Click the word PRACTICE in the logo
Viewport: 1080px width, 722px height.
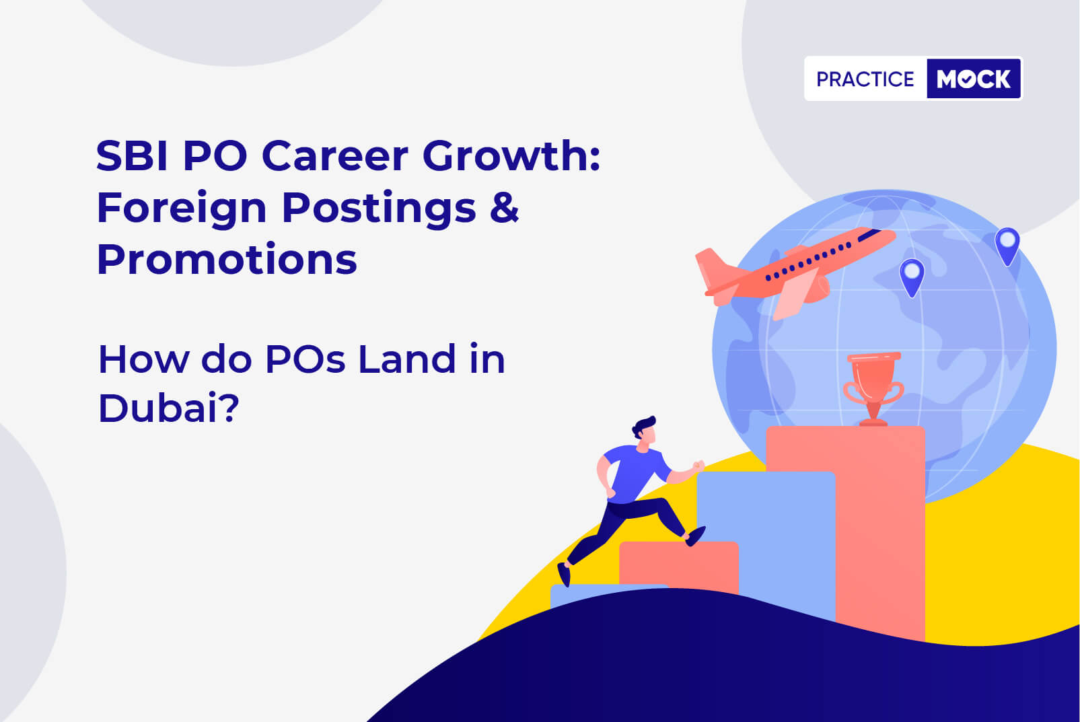point(865,79)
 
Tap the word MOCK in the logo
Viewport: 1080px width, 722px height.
point(974,79)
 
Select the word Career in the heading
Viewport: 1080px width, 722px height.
point(335,156)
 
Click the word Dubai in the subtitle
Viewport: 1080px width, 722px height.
point(158,408)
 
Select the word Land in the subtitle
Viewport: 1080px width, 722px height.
point(406,359)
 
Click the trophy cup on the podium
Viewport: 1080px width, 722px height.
point(873,388)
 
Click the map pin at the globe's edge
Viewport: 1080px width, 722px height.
point(1007,245)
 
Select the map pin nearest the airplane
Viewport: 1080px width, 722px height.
point(912,277)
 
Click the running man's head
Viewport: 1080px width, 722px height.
point(645,431)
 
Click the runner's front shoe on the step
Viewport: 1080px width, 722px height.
point(696,536)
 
